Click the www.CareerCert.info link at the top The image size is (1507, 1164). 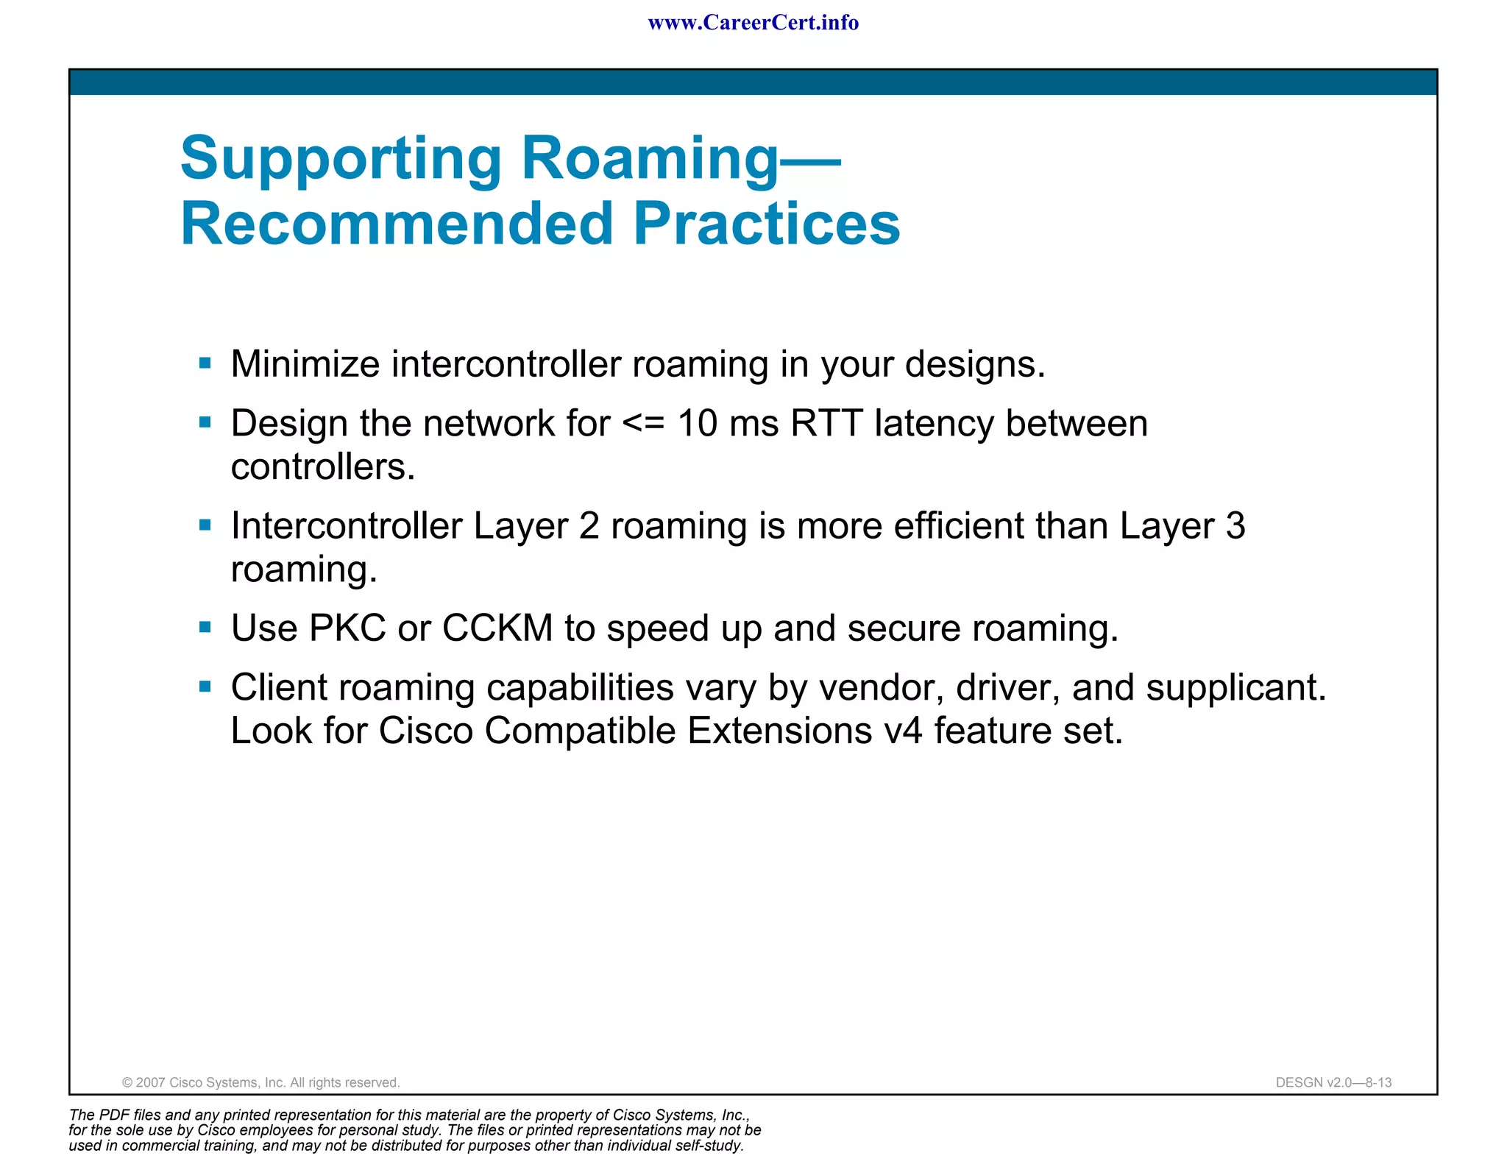click(753, 23)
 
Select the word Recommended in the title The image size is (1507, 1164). click(397, 224)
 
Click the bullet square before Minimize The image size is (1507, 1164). click(205, 363)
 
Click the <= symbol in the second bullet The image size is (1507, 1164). click(643, 423)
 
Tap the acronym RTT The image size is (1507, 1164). click(826, 423)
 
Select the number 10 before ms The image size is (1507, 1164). click(697, 423)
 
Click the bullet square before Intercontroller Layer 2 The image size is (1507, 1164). click(205, 525)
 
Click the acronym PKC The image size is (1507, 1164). click(347, 628)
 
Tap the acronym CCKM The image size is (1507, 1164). click(497, 628)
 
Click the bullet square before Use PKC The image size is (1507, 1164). click(205, 628)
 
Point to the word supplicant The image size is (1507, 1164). click(1235, 688)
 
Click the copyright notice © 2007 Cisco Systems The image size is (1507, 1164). click(261, 1082)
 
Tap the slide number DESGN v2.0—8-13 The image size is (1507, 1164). click(1333, 1082)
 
